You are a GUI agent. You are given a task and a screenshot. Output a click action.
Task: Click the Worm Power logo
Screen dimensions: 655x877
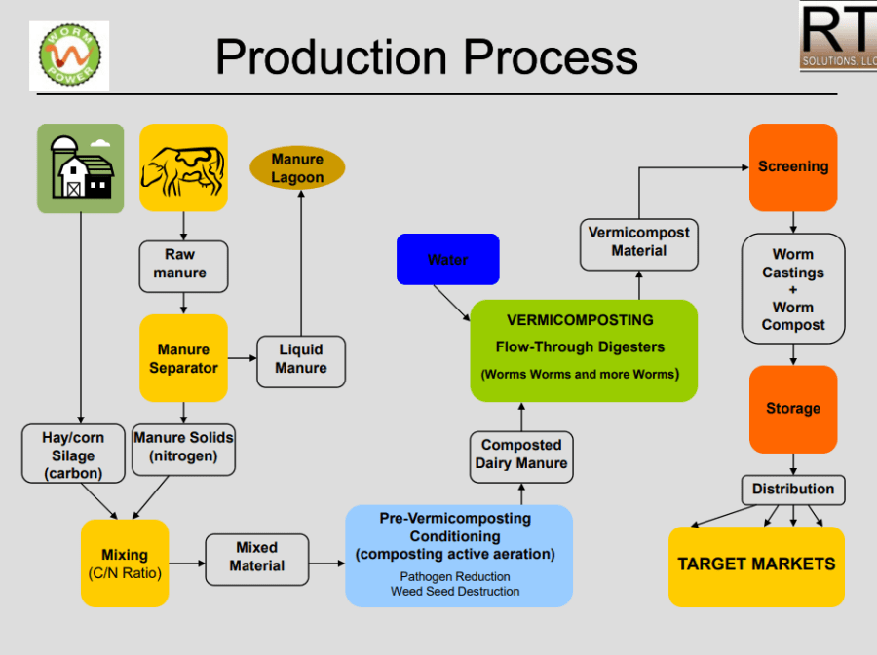68,56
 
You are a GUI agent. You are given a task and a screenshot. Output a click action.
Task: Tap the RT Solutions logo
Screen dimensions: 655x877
838,36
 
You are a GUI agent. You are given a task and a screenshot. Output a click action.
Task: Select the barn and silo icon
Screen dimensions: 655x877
81,167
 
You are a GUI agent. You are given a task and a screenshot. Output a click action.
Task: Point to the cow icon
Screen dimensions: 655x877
183,167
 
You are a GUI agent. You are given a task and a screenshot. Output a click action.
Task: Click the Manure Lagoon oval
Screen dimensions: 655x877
297,168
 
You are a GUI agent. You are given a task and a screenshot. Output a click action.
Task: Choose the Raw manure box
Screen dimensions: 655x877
183,265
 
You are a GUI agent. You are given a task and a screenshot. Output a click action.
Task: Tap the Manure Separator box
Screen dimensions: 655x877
183,358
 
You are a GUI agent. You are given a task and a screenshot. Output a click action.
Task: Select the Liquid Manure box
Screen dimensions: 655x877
301,359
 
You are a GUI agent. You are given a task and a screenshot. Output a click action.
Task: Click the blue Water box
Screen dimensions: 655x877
447,260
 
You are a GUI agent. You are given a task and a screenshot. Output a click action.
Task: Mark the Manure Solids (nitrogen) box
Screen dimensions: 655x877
183,448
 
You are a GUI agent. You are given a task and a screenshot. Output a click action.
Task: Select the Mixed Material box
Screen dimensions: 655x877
256,558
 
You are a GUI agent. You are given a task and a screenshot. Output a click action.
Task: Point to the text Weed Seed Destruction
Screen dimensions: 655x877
455,591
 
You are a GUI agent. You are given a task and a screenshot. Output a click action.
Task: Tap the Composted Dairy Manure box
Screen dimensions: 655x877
521,455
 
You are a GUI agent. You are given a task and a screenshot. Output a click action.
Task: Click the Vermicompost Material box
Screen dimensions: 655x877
639,242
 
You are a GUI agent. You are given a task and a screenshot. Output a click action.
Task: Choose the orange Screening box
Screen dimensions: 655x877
793,167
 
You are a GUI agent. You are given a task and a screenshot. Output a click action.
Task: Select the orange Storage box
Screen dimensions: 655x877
793,409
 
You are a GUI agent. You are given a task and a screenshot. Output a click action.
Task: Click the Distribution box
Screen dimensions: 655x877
793,489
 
